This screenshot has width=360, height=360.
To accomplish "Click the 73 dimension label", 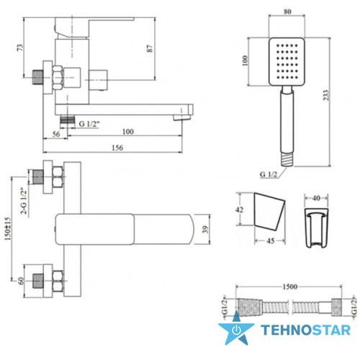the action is (20, 48).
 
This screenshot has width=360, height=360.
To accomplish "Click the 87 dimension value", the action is (150, 48).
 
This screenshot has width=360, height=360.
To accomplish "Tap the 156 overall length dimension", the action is (117, 148).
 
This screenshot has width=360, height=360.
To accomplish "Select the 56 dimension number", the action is (56, 134).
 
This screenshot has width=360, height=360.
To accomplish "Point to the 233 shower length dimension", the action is (325, 95).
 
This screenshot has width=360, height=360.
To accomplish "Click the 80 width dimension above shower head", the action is (287, 12).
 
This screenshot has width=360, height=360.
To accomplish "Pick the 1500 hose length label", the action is (290, 287).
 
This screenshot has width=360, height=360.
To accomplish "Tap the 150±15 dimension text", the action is (7, 229).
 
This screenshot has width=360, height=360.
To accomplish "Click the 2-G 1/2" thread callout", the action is (24, 201).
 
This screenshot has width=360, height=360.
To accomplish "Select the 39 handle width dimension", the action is (205, 230).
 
